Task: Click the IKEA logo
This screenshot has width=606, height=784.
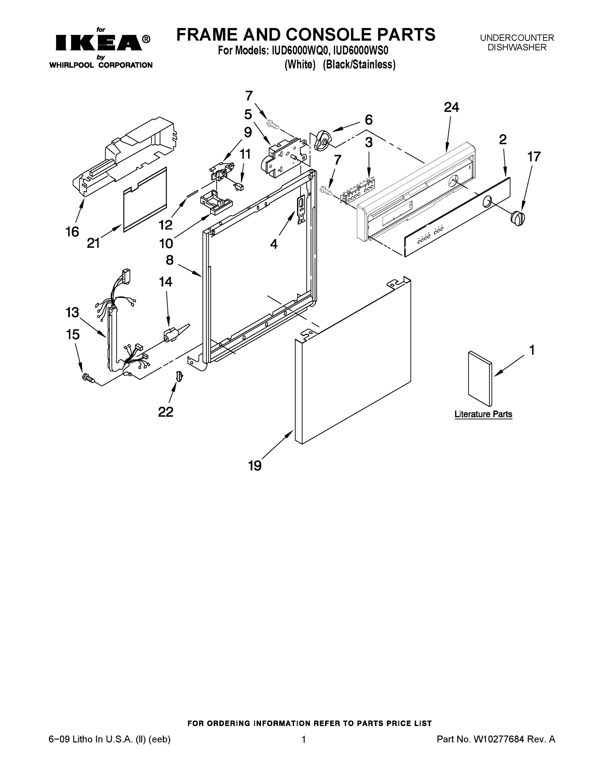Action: tap(98, 43)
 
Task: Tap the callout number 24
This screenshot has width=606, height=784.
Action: tap(451, 107)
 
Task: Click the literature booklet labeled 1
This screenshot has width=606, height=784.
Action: tap(480, 378)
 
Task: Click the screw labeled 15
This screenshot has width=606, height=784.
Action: tap(88, 378)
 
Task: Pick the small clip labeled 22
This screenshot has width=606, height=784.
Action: tap(179, 376)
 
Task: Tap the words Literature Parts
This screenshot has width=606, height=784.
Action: tap(483, 414)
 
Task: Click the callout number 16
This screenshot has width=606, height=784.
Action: tap(72, 232)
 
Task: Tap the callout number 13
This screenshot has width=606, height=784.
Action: tap(72, 312)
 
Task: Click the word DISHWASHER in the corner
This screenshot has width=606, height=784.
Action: tap(516, 47)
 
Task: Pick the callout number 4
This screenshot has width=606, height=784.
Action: tap(274, 244)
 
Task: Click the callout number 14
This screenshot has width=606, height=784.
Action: tap(166, 282)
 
